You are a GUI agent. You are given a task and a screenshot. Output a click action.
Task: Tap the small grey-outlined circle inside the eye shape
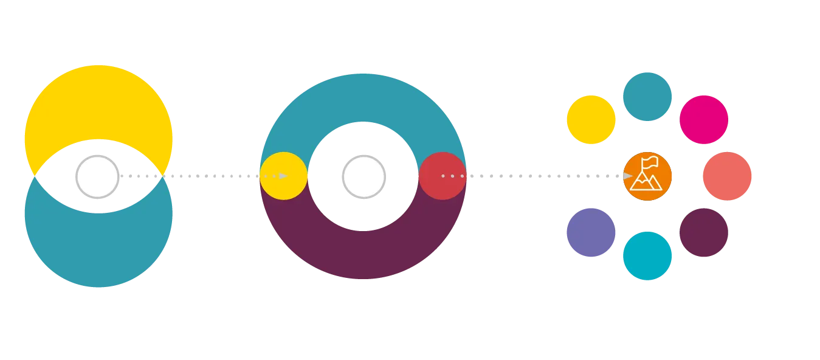coord(97,176)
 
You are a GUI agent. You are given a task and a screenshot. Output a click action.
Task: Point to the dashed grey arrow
coord(201,175)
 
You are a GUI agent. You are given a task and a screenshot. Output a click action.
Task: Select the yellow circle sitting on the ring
coord(283,176)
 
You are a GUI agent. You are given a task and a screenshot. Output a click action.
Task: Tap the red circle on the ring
coord(442,176)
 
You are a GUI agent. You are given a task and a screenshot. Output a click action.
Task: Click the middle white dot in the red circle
coord(452,176)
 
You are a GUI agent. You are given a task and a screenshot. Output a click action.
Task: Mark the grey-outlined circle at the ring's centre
coord(363,176)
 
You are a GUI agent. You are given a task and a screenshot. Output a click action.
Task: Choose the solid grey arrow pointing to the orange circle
coord(547,175)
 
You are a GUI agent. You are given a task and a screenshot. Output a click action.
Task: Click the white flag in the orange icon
coord(650,162)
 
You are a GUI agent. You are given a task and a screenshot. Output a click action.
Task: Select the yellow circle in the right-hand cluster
coord(591,120)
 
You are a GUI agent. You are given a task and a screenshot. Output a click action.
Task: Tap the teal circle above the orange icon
coord(648,96)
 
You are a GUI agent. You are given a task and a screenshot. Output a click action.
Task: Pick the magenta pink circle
coord(703,119)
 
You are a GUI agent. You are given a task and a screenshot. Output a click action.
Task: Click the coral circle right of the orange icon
coord(727,176)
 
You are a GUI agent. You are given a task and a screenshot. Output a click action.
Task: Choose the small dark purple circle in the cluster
coord(703,232)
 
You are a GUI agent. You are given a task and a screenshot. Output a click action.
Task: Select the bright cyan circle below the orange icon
coord(647,256)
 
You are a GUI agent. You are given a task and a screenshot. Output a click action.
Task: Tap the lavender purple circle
coord(591,232)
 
